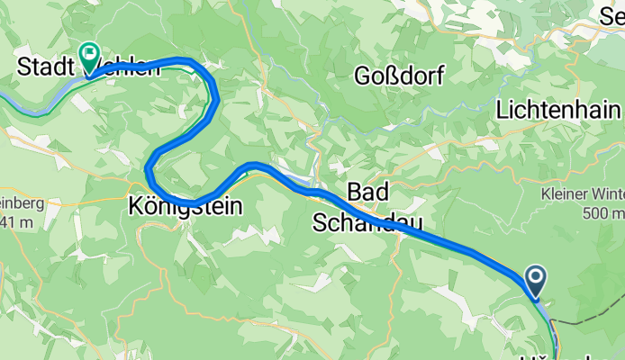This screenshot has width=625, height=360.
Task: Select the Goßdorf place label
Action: point(399,76)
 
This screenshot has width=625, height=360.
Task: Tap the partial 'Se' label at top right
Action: point(613,13)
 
